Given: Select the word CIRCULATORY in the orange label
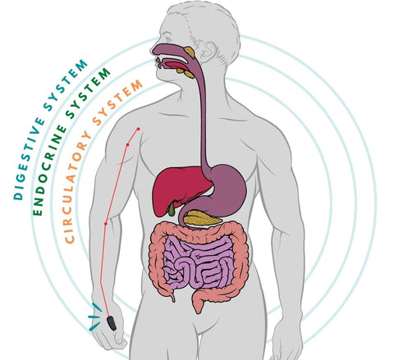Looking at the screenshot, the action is click(x=77, y=188).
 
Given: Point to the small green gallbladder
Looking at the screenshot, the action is click(x=172, y=210).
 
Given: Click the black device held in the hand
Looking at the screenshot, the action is click(x=112, y=323).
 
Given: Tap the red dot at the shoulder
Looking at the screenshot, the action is click(x=139, y=129).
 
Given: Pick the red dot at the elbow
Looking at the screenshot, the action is click(x=106, y=224).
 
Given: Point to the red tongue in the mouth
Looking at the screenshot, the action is click(x=176, y=66).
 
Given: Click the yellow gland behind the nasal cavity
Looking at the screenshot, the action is click(x=190, y=52).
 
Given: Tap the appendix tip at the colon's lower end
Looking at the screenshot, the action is click(x=173, y=298).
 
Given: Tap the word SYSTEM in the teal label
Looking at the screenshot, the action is click(x=65, y=85).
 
